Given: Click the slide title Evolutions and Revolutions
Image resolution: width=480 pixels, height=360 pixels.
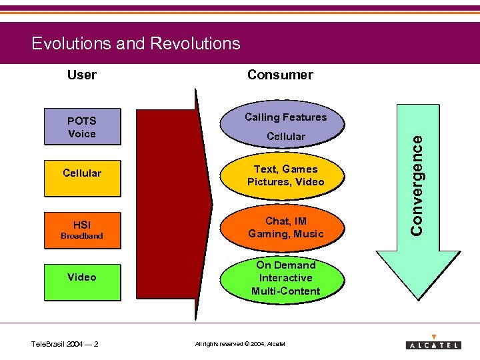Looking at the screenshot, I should (x=136, y=44).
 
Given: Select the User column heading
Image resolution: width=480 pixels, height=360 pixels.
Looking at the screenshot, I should (x=82, y=75).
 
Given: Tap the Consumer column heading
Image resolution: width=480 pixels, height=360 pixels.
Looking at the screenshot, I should (x=280, y=75).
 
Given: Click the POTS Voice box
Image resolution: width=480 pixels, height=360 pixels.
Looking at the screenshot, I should (x=82, y=127).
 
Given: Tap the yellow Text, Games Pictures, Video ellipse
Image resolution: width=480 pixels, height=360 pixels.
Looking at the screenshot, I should (x=286, y=175).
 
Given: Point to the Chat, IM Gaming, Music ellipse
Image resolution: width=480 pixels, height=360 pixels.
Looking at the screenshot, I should (x=286, y=227).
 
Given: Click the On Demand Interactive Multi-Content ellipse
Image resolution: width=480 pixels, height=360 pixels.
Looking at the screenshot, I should (x=286, y=278).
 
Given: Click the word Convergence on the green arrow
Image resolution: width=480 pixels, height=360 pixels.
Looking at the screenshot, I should (x=417, y=181).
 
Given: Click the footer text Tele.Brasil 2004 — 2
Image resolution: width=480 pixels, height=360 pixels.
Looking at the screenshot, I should (x=65, y=344).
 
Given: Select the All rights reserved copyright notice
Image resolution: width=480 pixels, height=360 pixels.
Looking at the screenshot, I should (x=240, y=344).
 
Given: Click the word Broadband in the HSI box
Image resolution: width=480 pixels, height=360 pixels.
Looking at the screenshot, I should (x=82, y=236).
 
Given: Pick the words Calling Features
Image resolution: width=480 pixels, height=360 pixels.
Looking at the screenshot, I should (x=286, y=117).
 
